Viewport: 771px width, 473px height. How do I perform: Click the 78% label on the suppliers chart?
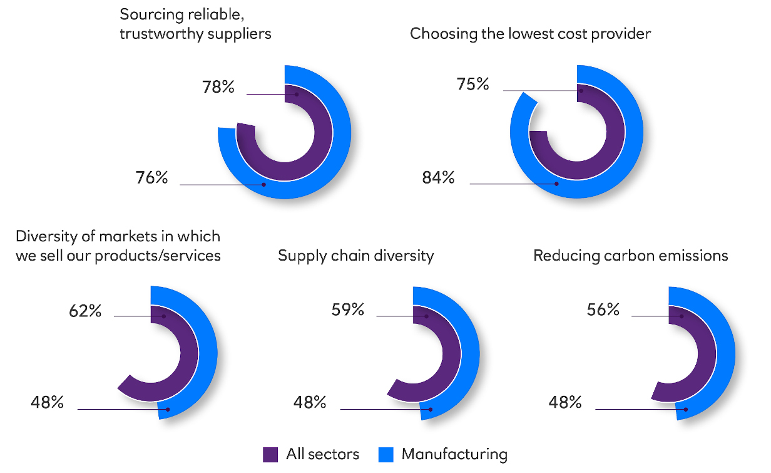218,87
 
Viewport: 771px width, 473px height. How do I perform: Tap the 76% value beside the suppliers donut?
152,177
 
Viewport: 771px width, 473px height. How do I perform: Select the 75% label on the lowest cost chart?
473,84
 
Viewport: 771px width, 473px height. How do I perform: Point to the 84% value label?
438,177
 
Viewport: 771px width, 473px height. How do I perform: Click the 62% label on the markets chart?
85,310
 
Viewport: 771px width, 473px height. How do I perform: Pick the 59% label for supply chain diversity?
348,309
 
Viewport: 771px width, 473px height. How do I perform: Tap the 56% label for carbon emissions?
603,309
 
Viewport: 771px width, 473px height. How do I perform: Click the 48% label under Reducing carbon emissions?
566,402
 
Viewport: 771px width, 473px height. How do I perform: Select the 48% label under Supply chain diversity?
310,402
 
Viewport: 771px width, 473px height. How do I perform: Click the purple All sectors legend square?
270,454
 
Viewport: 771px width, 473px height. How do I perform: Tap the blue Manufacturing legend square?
386,454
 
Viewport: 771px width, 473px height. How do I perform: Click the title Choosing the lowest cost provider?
530,33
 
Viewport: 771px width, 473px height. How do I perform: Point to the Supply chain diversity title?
355,256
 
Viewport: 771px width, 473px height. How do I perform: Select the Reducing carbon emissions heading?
630,256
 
